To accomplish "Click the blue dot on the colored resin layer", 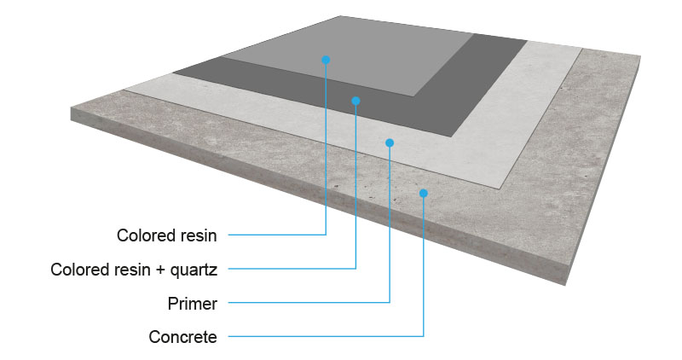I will point(326,60).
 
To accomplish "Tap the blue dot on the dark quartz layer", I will point(355,101).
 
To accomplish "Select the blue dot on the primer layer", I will point(390,142).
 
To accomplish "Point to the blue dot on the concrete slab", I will point(423,193).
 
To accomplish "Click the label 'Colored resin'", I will point(167,235).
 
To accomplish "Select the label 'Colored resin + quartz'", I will point(134,270).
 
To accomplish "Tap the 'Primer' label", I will point(193,303).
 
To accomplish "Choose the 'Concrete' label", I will point(182,337).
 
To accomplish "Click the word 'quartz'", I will point(195,270).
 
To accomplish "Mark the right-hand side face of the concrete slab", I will point(614,171).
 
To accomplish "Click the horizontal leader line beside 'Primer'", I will point(307,302).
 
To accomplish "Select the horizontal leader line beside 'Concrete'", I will point(324,336).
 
